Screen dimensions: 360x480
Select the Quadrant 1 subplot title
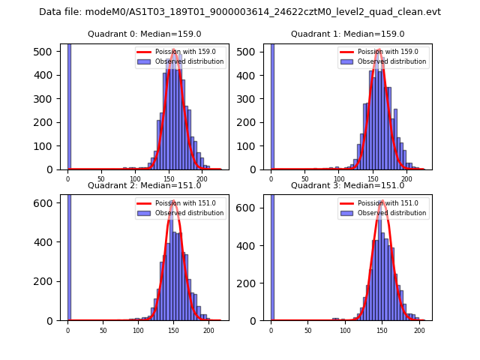[347, 34]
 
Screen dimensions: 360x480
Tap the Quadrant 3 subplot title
[347, 185]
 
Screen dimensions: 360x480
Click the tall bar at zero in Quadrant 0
[69, 105]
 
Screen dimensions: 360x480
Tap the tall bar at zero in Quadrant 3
[272, 255]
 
